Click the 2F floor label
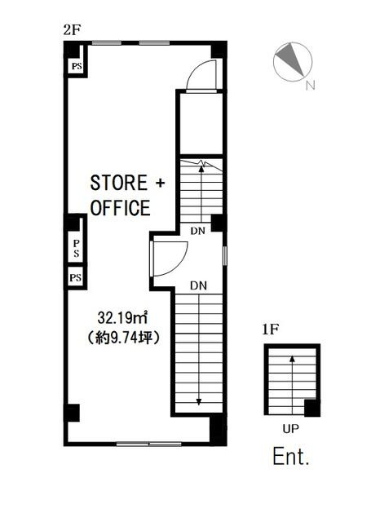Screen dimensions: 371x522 coord(73,30)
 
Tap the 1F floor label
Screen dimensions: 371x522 coord(271,330)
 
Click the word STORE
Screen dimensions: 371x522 coord(119,183)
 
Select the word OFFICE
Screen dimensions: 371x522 coord(121,208)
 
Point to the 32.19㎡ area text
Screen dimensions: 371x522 coord(123,318)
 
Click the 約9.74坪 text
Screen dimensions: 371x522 coord(123,338)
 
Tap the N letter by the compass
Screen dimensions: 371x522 coord(311,86)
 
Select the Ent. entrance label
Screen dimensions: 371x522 coord(291,457)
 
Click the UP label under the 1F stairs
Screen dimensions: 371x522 coord(291,429)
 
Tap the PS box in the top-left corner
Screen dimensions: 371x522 coord(77,66)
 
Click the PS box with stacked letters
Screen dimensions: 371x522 coord(76,249)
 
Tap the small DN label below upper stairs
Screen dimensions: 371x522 coord(197,231)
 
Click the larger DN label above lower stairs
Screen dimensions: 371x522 coord(198,285)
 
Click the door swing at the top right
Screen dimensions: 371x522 coord(200,73)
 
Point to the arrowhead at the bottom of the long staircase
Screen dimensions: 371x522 coord(199,402)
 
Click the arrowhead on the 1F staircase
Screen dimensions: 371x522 coord(292,359)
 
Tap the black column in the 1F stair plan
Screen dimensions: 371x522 coord(312,408)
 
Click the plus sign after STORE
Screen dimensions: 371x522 coord(160,183)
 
